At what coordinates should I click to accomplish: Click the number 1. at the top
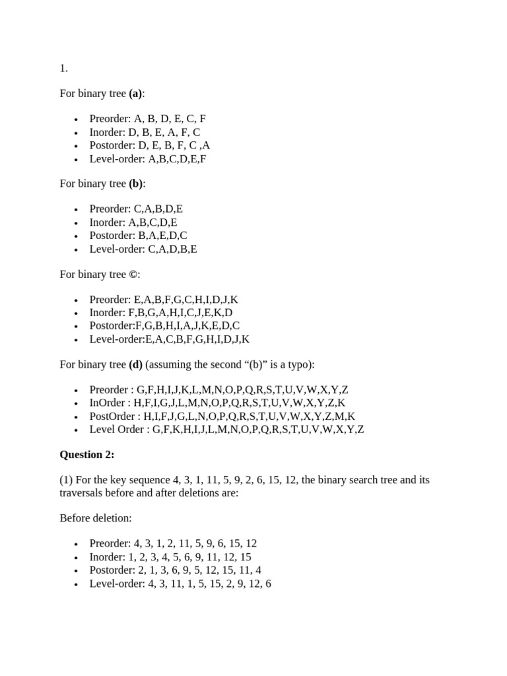coord(63,68)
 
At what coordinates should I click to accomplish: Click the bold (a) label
coord(135,94)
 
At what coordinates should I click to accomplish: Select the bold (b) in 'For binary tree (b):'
coord(136,184)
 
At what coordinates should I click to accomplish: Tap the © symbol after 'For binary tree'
coord(134,274)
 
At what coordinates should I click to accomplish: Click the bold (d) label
coord(135,364)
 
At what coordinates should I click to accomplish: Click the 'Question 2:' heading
coord(87,454)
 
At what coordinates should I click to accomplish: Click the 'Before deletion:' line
coord(96,518)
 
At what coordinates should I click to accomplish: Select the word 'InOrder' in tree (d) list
coord(108,403)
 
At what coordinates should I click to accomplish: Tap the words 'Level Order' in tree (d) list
coord(117,429)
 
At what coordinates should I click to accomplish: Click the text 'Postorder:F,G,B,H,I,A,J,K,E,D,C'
coord(164,325)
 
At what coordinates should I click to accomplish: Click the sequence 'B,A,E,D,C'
coord(162,235)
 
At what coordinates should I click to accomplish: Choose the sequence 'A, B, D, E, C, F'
coord(170,119)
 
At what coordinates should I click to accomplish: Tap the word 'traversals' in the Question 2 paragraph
coord(83,492)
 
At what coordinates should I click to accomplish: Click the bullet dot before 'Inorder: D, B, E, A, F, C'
coord(76,133)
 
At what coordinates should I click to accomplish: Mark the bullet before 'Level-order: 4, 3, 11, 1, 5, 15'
coord(76,584)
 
